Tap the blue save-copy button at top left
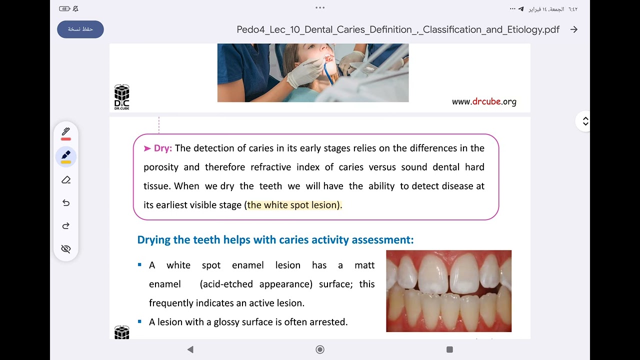point(80,29)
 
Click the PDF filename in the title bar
point(398,29)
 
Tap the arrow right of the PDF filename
point(574,29)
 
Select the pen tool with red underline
point(66,133)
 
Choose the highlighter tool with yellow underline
point(66,156)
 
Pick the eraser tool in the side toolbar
point(66,180)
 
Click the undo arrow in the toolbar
point(66,203)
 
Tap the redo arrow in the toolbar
point(66,226)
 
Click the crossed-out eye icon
point(66,249)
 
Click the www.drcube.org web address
point(484,101)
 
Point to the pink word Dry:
point(162,148)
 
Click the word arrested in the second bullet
point(328,322)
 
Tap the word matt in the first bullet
point(364,265)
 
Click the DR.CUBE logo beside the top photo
point(121,96)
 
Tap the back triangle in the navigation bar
point(190,349)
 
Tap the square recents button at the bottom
point(449,349)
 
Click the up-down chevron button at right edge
point(585,121)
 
